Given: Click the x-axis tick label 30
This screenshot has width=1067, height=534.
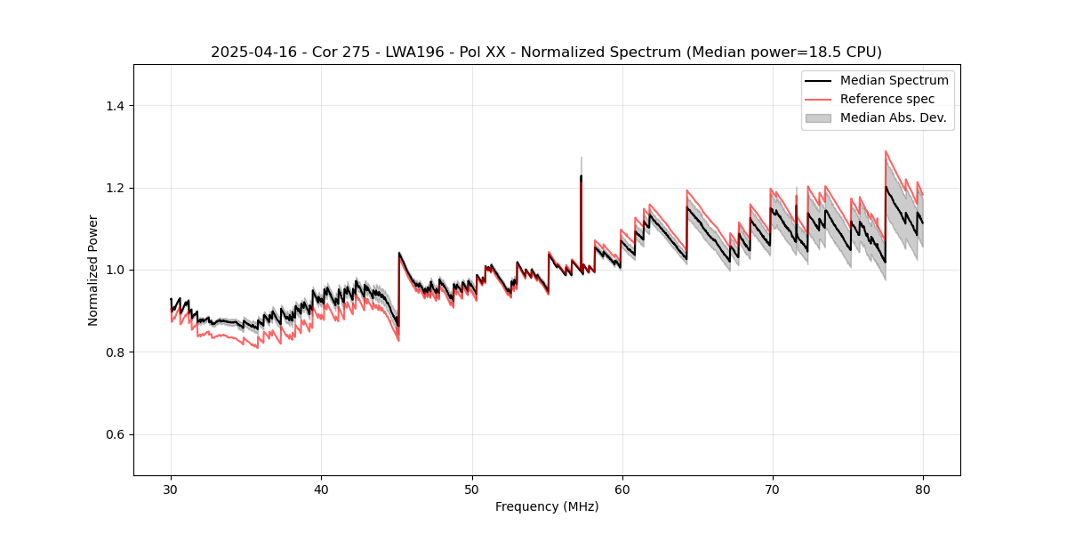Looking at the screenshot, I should pyautogui.click(x=171, y=489).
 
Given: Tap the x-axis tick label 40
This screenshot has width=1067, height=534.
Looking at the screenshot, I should pyautogui.click(x=321, y=489).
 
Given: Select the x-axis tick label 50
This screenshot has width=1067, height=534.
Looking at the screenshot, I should pyautogui.click(x=471, y=489).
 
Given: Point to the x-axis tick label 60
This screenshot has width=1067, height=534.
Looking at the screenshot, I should pyautogui.click(x=622, y=489).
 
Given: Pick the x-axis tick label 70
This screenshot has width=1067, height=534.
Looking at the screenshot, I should pyautogui.click(x=772, y=489).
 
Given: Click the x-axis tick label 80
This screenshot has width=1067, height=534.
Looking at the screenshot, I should pyautogui.click(x=922, y=489).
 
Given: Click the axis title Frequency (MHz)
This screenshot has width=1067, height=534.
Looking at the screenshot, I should pyautogui.click(x=547, y=506).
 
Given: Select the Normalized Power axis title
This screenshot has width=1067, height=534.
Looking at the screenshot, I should pyautogui.click(x=93, y=270).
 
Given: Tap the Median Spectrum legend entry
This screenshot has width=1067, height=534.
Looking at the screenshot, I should pyautogui.click(x=894, y=80).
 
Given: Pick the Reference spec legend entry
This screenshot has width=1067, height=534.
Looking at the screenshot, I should pyautogui.click(x=887, y=99).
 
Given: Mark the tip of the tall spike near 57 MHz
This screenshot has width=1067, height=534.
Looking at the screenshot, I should pyautogui.click(x=582, y=158).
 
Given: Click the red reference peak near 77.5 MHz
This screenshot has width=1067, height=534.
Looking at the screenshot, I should pyautogui.click(x=886, y=151).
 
